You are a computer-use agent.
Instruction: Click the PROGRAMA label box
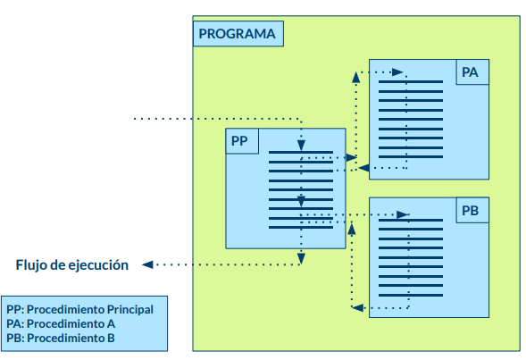click(x=238, y=35)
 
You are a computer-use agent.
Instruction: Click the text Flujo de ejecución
click(x=72, y=264)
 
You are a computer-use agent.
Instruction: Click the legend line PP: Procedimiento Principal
click(x=79, y=309)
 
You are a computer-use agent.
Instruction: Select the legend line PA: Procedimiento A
click(x=60, y=323)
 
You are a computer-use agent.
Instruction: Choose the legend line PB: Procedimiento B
click(x=60, y=339)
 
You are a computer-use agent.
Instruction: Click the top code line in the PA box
click(x=410, y=82)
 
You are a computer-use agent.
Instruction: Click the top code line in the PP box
click(x=301, y=152)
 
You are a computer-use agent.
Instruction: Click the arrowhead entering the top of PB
click(x=403, y=214)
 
